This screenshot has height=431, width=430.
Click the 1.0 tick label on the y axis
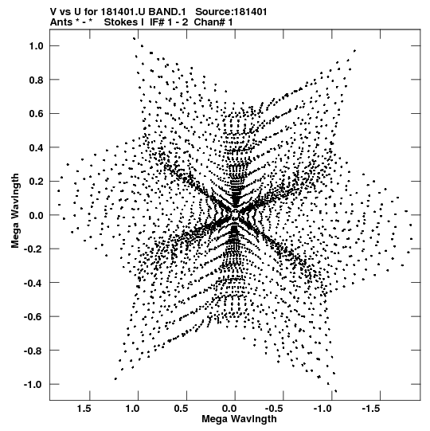(37, 46)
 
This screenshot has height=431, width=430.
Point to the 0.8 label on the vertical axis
(37, 80)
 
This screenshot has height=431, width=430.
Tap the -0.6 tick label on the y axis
(33, 317)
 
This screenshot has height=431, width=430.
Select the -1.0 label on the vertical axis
(33, 385)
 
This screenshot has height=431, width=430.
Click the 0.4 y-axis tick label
(37, 147)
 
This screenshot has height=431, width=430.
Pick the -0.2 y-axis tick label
(33, 249)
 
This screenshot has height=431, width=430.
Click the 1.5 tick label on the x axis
(84, 409)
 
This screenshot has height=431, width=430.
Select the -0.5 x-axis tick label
(275, 409)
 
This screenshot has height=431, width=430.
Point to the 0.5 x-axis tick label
(181, 409)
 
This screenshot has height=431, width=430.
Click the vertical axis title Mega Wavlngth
(15, 211)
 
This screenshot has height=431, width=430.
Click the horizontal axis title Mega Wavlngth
(239, 419)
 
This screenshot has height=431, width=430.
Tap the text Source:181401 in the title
(231, 12)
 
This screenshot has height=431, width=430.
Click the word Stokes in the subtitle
(120, 22)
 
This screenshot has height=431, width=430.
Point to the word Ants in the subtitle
(61, 22)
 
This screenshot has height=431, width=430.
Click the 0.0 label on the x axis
(229, 409)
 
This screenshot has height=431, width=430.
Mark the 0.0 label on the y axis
(37, 215)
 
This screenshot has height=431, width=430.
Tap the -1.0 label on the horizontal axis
(323, 409)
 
